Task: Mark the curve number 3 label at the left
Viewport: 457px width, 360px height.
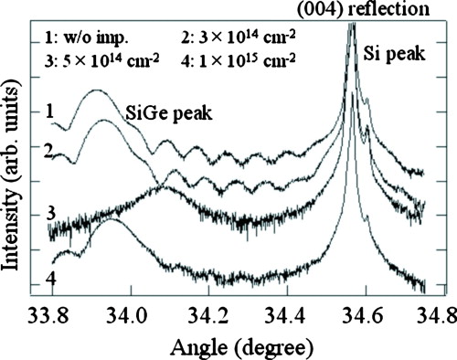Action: point(33,214)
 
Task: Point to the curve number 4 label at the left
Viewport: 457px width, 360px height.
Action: point(33,277)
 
